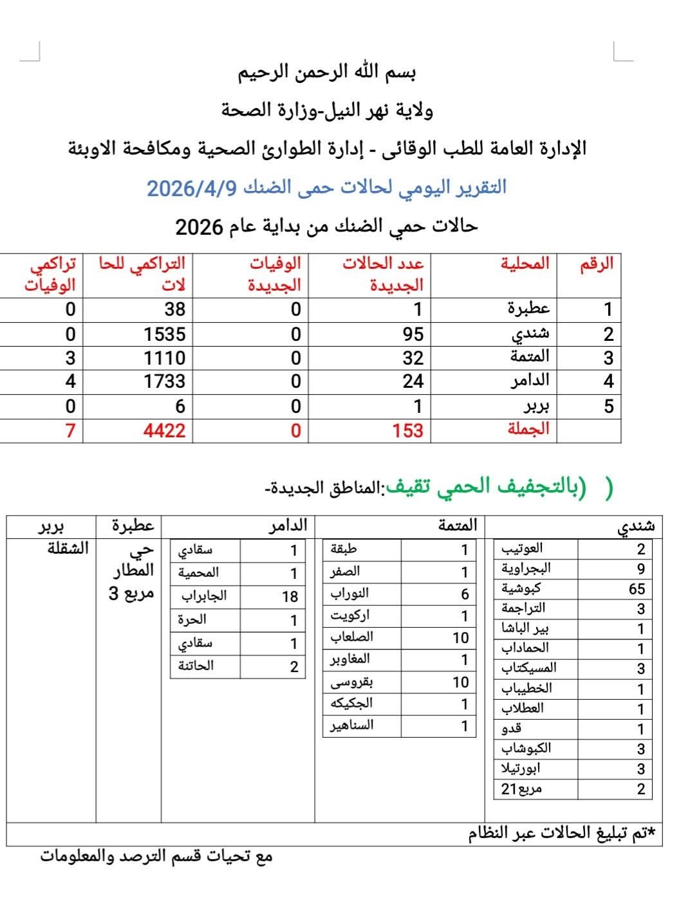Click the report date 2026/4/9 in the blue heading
pos(191,188)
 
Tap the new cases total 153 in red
pos(407,430)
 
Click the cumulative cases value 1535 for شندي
pos(164,334)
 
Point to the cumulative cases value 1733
pos(164,381)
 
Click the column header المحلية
pos(525,263)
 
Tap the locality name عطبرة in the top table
pos(528,308)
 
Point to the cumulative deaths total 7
pos(70,430)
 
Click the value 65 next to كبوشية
pos(637,589)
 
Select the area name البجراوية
pos(526,569)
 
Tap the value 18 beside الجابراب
pos(290,596)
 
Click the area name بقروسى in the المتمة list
pos(352,682)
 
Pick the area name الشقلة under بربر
pos(68,549)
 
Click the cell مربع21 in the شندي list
pos(521,789)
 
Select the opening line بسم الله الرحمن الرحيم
pos(327,73)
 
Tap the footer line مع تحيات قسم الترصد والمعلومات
pos(156,856)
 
